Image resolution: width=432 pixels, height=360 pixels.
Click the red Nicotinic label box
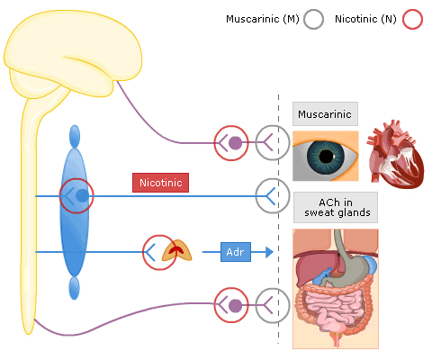tap(160, 183)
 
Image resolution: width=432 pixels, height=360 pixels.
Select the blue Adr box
tap(236, 252)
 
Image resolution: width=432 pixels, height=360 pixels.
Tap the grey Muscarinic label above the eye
tap(325, 114)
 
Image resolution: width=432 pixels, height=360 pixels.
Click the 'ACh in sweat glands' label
tap(336, 208)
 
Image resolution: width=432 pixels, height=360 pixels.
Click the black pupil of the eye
tap(326, 156)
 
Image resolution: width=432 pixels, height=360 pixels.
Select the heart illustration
tap(395, 154)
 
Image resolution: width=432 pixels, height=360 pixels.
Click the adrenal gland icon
tap(176, 250)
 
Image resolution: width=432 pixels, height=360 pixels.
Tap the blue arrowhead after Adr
tap(269, 252)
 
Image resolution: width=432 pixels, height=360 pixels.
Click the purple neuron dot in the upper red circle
tap(235, 143)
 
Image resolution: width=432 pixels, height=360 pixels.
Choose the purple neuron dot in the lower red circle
tap(235, 306)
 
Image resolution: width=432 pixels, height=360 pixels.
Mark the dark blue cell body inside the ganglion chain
tap(82, 196)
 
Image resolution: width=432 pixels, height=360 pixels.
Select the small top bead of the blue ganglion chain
tap(75, 137)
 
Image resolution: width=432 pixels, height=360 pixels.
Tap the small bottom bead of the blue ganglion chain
tap(74, 288)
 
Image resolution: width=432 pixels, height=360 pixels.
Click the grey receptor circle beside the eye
tap(256, 142)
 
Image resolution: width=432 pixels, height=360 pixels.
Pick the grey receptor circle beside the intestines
tap(256, 306)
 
